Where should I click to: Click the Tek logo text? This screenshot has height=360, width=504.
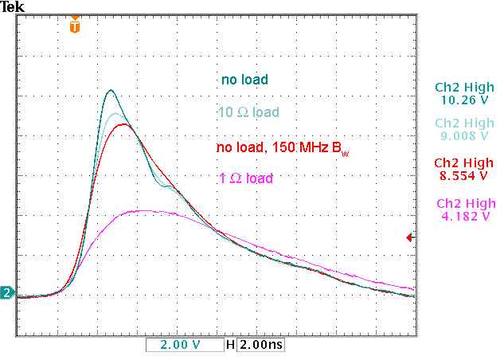tap(13, 7)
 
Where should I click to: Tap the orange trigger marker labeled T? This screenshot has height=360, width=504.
tap(75, 25)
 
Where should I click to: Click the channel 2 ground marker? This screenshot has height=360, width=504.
tap(7, 294)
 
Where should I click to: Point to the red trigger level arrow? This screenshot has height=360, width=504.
tap(410, 237)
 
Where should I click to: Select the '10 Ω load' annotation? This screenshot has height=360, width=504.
tap(248, 112)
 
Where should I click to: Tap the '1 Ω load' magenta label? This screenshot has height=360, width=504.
tap(245, 178)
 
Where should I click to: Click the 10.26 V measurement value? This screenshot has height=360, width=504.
tap(463, 100)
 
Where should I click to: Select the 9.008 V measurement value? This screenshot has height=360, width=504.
tap(463, 135)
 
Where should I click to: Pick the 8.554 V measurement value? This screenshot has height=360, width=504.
tap(463, 175)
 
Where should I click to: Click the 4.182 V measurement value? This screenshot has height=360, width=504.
tap(463, 215)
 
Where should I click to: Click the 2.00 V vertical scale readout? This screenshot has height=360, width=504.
tap(181, 346)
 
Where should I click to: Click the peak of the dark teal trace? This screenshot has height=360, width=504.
tap(111, 90)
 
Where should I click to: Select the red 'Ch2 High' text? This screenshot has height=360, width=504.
tap(463, 162)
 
